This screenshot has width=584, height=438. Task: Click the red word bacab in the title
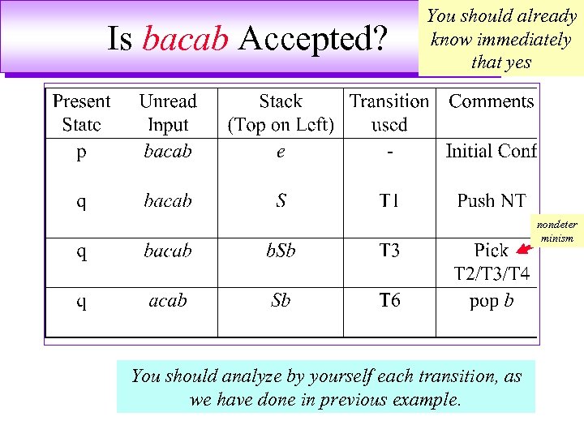(x=185, y=39)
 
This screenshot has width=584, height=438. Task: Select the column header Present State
(x=81, y=114)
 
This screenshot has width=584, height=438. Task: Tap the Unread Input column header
(x=168, y=114)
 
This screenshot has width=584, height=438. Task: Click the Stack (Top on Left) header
(x=281, y=114)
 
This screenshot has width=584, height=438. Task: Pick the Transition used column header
(x=389, y=114)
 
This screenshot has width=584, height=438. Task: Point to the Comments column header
(x=492, y=101)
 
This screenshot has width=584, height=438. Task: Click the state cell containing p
(x=81, y=152)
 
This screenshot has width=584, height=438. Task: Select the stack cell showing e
(x=281, y=152)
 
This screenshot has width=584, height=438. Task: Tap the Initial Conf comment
(x=492, y=151)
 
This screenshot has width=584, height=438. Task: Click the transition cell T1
(x=389, y=201)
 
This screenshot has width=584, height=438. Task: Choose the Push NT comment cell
(x=492, y=200)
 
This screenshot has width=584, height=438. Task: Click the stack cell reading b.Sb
(x=281, y=251)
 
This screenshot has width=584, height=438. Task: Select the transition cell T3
(x=389, y=251)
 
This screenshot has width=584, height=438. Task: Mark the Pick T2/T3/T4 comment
(x=492, y=262)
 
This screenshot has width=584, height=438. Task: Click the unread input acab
(x=168, y=301)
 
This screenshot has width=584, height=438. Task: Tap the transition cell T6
(x=389, y=301)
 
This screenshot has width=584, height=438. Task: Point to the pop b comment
(x=492, y=301)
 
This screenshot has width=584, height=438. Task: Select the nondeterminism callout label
(x=556, y=231)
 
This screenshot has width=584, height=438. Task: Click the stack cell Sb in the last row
(x=281, y=301)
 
